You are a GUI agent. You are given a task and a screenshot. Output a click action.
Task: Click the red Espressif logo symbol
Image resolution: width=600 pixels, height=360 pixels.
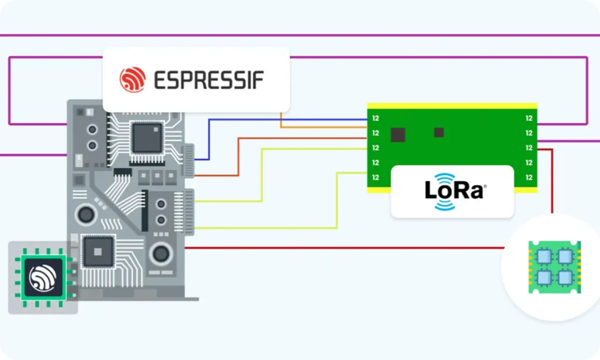132,80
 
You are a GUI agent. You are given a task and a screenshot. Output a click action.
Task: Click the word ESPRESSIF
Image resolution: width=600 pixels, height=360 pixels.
209,80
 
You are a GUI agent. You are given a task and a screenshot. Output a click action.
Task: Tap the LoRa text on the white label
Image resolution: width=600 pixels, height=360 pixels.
455,191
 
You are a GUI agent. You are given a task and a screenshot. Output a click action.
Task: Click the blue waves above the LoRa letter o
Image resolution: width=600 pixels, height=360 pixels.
445,178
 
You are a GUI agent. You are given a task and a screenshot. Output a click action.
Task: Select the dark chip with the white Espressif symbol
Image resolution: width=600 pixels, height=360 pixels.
43,277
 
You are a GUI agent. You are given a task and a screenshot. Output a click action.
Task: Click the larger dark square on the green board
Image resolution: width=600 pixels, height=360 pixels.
398,135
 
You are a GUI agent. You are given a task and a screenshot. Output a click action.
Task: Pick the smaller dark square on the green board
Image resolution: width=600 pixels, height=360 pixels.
439,133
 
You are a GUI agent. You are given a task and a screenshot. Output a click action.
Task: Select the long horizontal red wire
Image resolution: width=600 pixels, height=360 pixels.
345,248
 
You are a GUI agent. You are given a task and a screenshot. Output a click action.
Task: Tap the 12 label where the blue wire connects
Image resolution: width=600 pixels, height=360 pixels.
376,118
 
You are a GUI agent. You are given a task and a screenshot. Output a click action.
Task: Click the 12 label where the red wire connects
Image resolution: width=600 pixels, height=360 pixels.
529,148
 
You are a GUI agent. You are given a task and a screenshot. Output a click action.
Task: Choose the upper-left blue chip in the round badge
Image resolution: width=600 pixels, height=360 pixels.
544,257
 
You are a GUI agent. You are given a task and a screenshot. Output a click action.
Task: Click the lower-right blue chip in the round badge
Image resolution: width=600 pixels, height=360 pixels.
565,277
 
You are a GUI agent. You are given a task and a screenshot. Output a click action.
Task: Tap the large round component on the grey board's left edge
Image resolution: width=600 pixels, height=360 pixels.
86,215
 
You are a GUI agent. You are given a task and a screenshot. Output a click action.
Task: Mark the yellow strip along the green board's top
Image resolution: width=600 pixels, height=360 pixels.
452,106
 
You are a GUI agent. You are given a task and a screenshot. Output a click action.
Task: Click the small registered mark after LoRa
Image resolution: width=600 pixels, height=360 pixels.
485,186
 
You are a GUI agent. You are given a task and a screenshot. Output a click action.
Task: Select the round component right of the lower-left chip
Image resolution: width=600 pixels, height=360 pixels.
161,253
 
